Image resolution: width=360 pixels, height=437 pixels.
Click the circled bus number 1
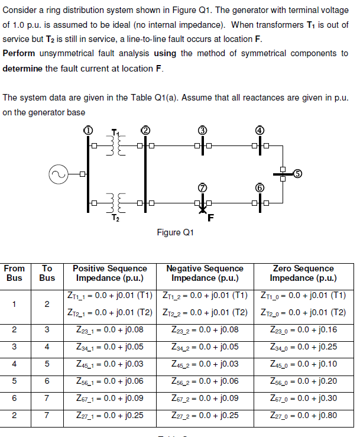tap(87, 130)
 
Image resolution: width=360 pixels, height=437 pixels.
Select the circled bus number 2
tap(144, 130)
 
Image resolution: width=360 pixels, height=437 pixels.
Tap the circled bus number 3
tap(202, 130)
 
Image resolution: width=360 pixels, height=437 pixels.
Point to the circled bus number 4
tap(259, 130)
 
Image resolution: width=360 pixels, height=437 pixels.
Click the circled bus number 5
tap(298, 173)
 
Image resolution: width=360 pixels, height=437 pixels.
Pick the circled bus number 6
tap(259, 187)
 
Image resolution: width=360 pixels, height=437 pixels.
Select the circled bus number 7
tap(202, 187)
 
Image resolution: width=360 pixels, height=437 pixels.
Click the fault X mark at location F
tap(203, 208)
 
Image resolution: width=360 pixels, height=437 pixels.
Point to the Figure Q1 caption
tap(176, 232)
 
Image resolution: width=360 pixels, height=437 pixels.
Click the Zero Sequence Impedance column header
tap(303, 273)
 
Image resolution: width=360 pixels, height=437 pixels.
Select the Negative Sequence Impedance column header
tap(205, 273)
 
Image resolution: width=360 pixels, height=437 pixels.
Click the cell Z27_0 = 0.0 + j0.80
tap(303, 416)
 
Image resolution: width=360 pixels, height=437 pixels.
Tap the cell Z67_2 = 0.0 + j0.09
tap(205, 398)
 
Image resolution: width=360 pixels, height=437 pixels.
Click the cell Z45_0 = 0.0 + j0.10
tap(303, 364)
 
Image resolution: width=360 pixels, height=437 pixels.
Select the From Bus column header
tap(14, 273)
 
